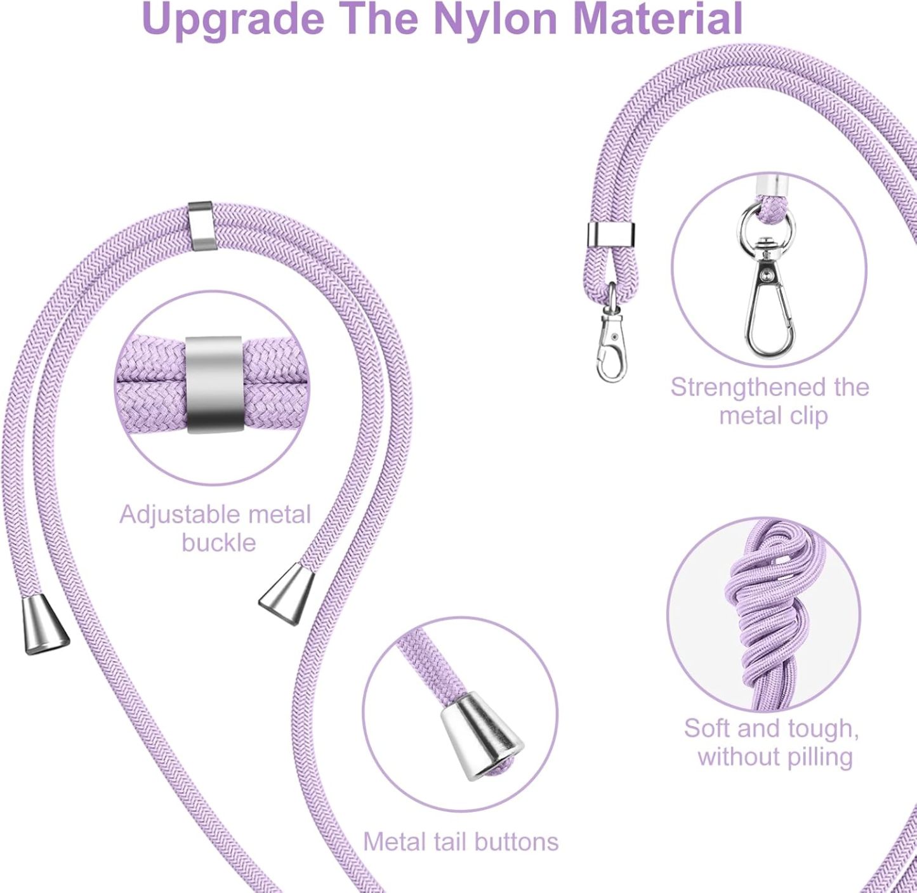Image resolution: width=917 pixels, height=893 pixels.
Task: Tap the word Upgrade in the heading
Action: point(234,20)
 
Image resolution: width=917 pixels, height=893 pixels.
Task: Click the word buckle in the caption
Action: point(219,543)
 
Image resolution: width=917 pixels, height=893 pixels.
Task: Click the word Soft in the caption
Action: point(708,729)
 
